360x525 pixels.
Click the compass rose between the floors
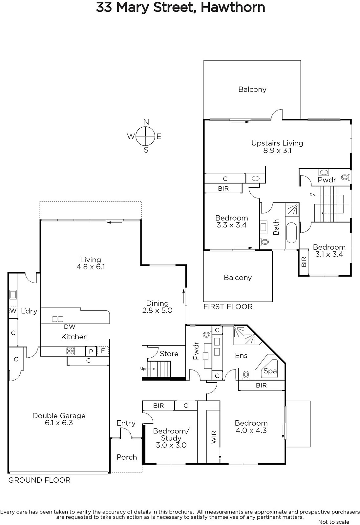click(146, 136)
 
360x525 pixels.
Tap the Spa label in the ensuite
click(270, 371)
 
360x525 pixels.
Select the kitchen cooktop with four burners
click(71, 351)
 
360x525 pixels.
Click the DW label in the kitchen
click(70, 327)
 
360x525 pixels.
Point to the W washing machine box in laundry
click(13, 311)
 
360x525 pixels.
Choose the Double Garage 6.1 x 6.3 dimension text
click(59, 423)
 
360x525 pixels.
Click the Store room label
click(169, 354)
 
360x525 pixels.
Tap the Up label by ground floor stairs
click(143, 369)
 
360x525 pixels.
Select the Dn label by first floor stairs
click(312, 195)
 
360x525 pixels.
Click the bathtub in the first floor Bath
click(291, 233)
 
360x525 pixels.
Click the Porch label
click(127, 457)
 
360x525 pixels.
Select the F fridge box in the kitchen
click(103, 351)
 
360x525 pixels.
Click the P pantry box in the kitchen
click(91, 351)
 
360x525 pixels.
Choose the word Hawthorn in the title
click(233, 8)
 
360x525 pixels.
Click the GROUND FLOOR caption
click(39, 480)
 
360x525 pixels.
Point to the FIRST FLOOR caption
click(228, 307)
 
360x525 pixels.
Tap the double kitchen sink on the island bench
click(57, 319)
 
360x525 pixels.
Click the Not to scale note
click(333, 522)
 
